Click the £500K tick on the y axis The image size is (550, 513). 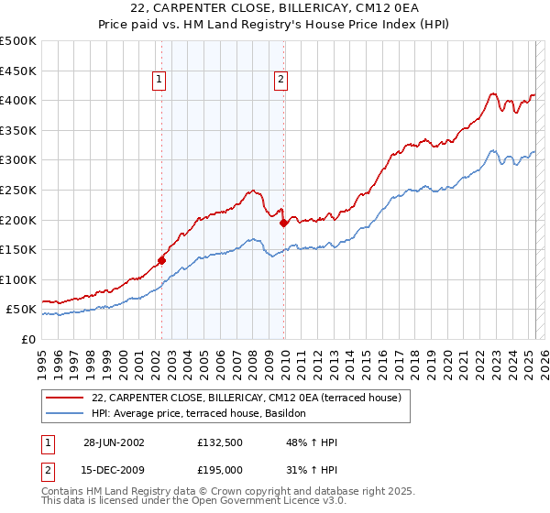(x=18, y=41)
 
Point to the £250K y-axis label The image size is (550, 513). (x=18, y=190)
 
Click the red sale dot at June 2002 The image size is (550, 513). (x=161, y=259)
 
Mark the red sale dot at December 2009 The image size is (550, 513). (x=283, y=223)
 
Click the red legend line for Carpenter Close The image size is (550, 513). (x=63, y=398)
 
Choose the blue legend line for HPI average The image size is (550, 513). (x=63, y=413)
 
